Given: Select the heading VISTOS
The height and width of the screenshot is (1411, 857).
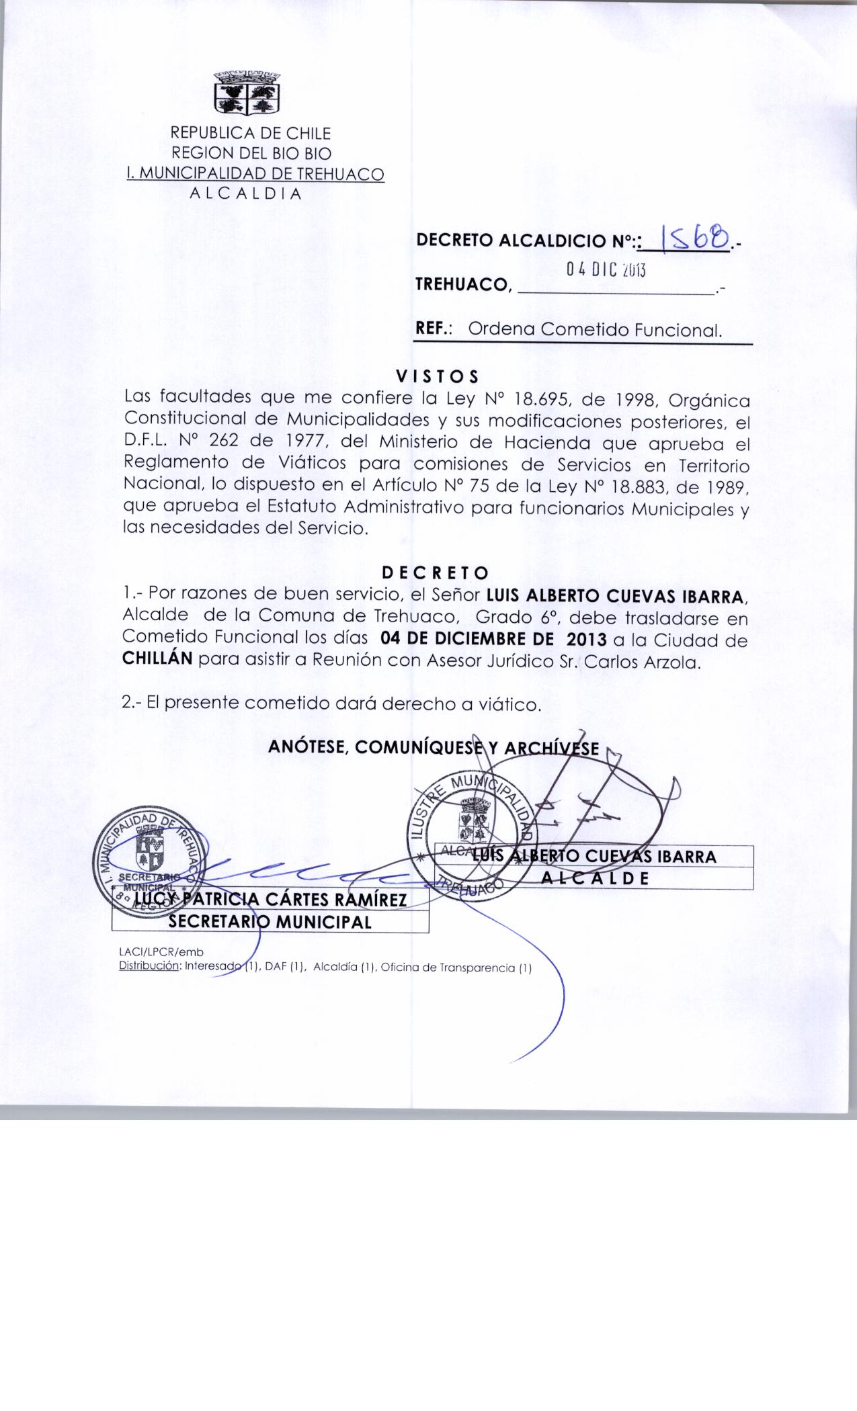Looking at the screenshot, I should [x=437, y=375].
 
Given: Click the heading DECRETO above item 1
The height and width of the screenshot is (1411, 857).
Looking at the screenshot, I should [x=435, y=573].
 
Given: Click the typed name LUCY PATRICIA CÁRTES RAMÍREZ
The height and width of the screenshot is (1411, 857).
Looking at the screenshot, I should [x=271, y=899].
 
